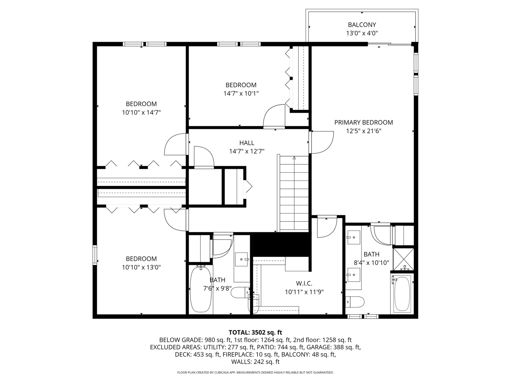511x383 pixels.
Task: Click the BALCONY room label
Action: [x=362, y=25]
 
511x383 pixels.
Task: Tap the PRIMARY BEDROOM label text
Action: [x=363, y=122]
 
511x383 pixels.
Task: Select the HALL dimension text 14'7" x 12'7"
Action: [x=247, y=151]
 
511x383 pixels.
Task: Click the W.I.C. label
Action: [x=304, y=283]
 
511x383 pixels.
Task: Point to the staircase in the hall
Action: [x=294, y=194]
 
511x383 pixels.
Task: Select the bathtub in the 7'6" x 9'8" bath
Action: [x=201, y=289]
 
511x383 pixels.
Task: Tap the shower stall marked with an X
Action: [x=403, y=259]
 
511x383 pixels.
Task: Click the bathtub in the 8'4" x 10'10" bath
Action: [x=402, y=294]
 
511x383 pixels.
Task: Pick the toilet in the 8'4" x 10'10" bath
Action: [x=355, y=302]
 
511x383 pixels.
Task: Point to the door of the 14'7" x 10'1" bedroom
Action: [x=274, y=116]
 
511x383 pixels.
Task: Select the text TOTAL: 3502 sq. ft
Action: [x=255, y=332]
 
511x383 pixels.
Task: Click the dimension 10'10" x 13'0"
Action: [x=141, y=267]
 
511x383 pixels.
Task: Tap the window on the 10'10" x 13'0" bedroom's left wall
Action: [x=94, y=255]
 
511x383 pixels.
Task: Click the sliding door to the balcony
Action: [x=390, y=44]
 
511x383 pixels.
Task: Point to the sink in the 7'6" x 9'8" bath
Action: [x=241, y=259]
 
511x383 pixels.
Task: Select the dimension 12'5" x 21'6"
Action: [x=363, y=131]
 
